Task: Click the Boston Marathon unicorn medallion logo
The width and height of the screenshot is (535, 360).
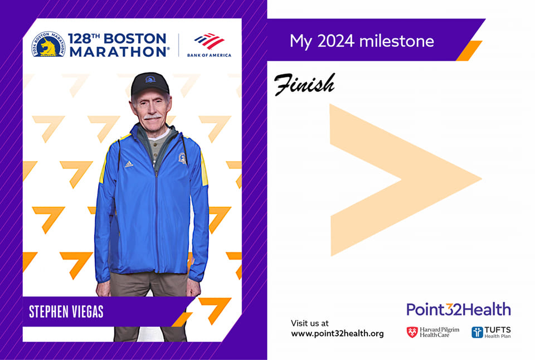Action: (x=48, y=44)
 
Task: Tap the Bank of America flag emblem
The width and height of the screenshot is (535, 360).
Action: (x=209, y=41)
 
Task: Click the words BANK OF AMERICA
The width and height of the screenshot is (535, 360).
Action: (x=209, y=55)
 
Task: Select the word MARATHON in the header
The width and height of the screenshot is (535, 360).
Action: (x=118, y=52)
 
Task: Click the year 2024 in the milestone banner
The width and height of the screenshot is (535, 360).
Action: (x=335, y=41)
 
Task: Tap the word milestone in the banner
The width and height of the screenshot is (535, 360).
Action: (x=396, y=41)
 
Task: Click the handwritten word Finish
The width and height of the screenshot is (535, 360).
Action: (x=304, y=84)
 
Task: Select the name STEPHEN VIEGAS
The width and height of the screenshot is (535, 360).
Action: (x=66, y=312)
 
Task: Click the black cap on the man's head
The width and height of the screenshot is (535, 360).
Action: (x=150, y=83)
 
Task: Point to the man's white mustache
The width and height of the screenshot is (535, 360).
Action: (x=152, y=116)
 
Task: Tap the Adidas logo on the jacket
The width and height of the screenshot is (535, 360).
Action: (x=129, y=164)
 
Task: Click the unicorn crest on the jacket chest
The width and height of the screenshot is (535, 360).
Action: (x=183, y=158)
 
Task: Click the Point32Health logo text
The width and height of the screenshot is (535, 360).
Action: (x=459, y=309)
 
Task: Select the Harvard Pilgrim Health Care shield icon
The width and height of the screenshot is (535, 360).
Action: (x=412, y=332)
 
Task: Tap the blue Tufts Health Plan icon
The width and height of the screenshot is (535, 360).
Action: (x=478, y=332)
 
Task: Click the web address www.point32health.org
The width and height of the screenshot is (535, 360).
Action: (x=338, y=334)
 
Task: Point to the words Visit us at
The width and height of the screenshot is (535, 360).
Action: (x=310, y=323)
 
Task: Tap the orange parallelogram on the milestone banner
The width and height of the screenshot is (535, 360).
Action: (x=469, y=51)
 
